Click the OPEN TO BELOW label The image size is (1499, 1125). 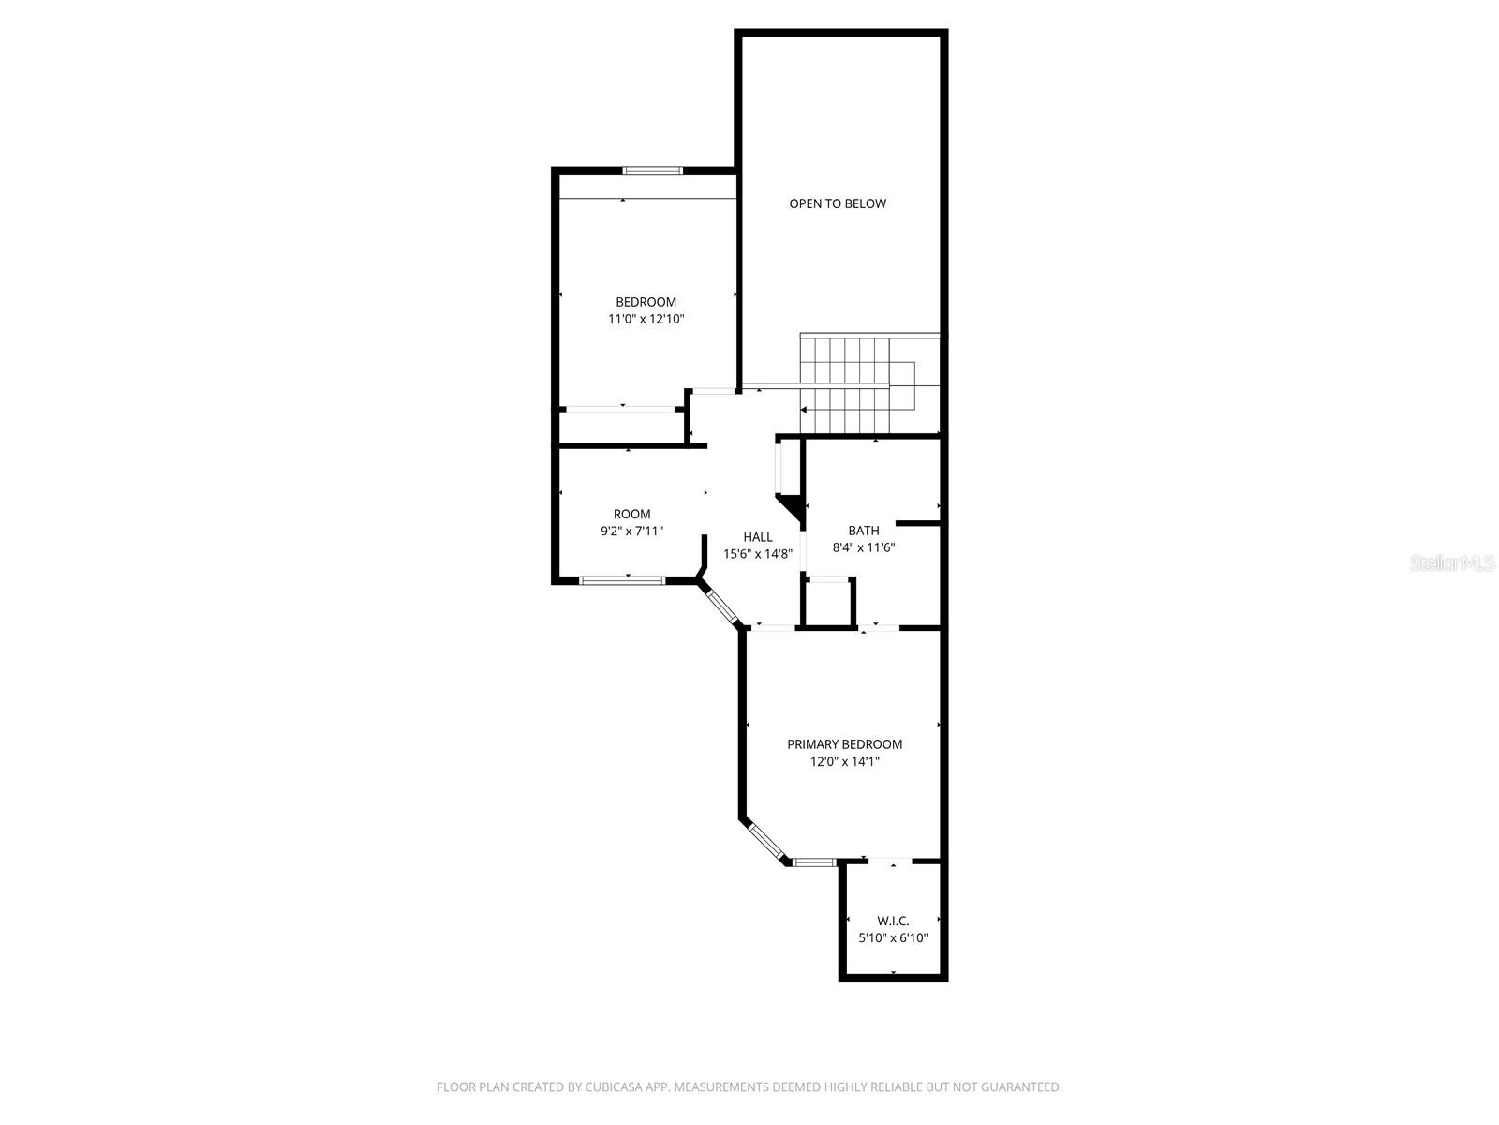837,203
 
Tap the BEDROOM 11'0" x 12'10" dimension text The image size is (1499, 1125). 646,319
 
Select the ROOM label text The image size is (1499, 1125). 631,514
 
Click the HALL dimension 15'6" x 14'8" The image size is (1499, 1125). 758,554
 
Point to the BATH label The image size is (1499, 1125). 863,531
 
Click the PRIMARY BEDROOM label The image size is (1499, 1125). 844,744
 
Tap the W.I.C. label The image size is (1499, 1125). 892,921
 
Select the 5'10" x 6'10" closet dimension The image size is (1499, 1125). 892,937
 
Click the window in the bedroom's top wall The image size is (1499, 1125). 653,171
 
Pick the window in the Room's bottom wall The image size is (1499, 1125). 622,580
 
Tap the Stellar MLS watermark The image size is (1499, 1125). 1454,563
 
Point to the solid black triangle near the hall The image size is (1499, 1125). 793,507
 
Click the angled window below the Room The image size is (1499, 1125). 721,606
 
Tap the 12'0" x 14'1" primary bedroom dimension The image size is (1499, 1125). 844,762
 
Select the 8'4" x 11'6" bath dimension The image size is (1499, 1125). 863,547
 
